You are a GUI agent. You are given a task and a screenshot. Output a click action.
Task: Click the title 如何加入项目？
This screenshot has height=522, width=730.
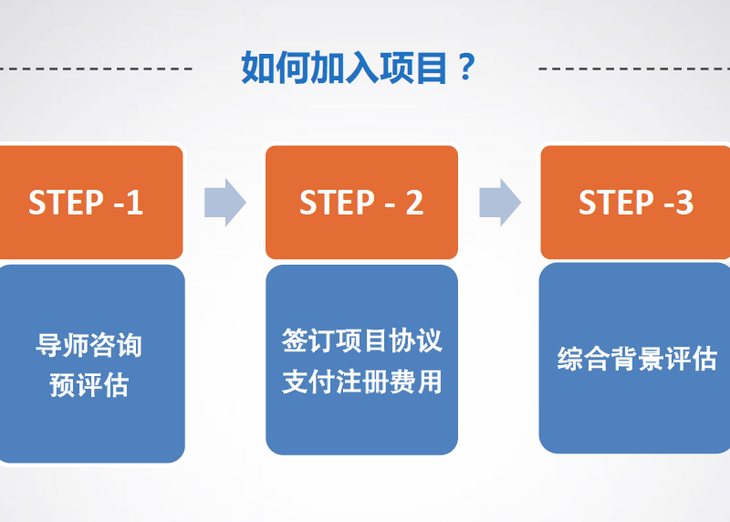(360, 68)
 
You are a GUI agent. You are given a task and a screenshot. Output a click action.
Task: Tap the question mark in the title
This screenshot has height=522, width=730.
(466, 68)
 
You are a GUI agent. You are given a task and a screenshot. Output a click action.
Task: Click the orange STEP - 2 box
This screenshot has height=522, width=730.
(361, 202)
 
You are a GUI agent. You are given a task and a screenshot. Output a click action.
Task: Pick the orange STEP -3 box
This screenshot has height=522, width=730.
(636, 202)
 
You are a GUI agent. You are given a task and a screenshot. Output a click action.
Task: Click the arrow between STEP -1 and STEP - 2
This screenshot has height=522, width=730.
(224, 202)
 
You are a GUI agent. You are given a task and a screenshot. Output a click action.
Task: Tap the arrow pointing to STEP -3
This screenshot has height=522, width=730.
(499, 202)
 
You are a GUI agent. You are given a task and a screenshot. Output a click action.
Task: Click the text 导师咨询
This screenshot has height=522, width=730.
(89, 346)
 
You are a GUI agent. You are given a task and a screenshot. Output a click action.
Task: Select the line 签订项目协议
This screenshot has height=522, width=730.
(361, 341)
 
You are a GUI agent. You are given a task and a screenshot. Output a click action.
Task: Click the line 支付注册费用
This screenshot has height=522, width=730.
(361, 381)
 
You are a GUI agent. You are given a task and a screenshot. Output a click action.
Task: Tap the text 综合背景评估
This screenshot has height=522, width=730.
(637, 359)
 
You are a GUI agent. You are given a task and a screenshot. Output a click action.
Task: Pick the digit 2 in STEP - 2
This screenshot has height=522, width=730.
(414, 202)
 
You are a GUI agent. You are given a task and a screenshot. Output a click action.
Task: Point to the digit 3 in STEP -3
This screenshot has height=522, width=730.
(683, 202)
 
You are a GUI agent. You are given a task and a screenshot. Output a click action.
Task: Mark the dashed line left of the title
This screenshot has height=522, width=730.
(96, 68)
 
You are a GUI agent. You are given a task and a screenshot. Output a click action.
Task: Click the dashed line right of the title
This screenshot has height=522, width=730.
(634, 68)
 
